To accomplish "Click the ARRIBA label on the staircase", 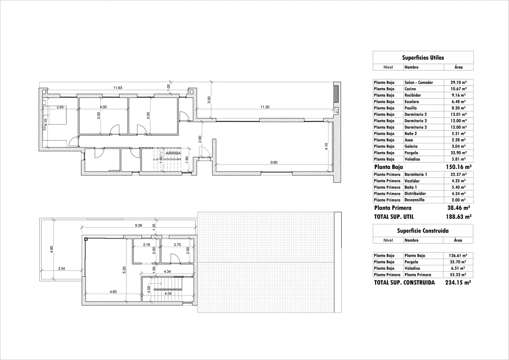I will click(x=173, y=153).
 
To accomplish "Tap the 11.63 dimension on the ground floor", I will click(x=118, y=88).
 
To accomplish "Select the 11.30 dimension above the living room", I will click(x=265, y=107).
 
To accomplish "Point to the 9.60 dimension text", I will click(x=274, y=162).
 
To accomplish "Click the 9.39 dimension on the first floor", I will click(x=138, y=226).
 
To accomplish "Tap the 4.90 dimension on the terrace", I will click(x=52, y=249).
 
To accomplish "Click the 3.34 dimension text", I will click(x=61, y=268).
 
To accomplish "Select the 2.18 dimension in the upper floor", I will click(x=146, y=245).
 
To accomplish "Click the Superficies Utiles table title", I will click(x=423, y=58).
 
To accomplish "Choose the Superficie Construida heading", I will click(x=423, y=231).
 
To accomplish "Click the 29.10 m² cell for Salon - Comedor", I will click(x=458, y=83).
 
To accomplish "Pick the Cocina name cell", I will click(x=410, y=89).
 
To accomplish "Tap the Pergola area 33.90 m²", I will click(x=458, y=153).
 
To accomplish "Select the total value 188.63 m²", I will click(x=458, y=217).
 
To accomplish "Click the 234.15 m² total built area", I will click(x=458, y=283).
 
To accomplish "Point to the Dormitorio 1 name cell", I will click(x=416, y=175).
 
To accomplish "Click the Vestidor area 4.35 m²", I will click(x=458, y=181).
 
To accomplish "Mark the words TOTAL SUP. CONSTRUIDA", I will click(x=404, y=283).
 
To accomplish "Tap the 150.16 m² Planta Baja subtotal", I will click(x=458, y=167).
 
